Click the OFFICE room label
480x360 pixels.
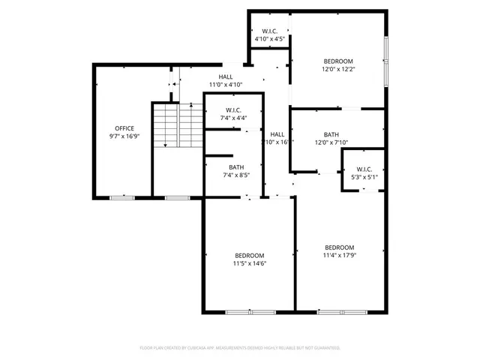tap(124, 128)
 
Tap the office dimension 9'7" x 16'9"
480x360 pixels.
tap(124, 137)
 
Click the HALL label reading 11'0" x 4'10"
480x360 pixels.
tap(225, 76)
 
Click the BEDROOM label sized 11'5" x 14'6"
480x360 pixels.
tap(250, 254)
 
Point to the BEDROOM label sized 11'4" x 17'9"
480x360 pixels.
tap(340, 247)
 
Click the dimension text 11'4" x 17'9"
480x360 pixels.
tap(340, 256)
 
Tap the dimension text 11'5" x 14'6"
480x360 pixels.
tap(250, 263)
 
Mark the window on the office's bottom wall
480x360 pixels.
tap(122, 198)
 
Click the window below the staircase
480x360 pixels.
tap(177, 198)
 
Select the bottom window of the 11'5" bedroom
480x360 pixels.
tap(250, 312)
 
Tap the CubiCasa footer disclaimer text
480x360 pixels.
tap(240, 348)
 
